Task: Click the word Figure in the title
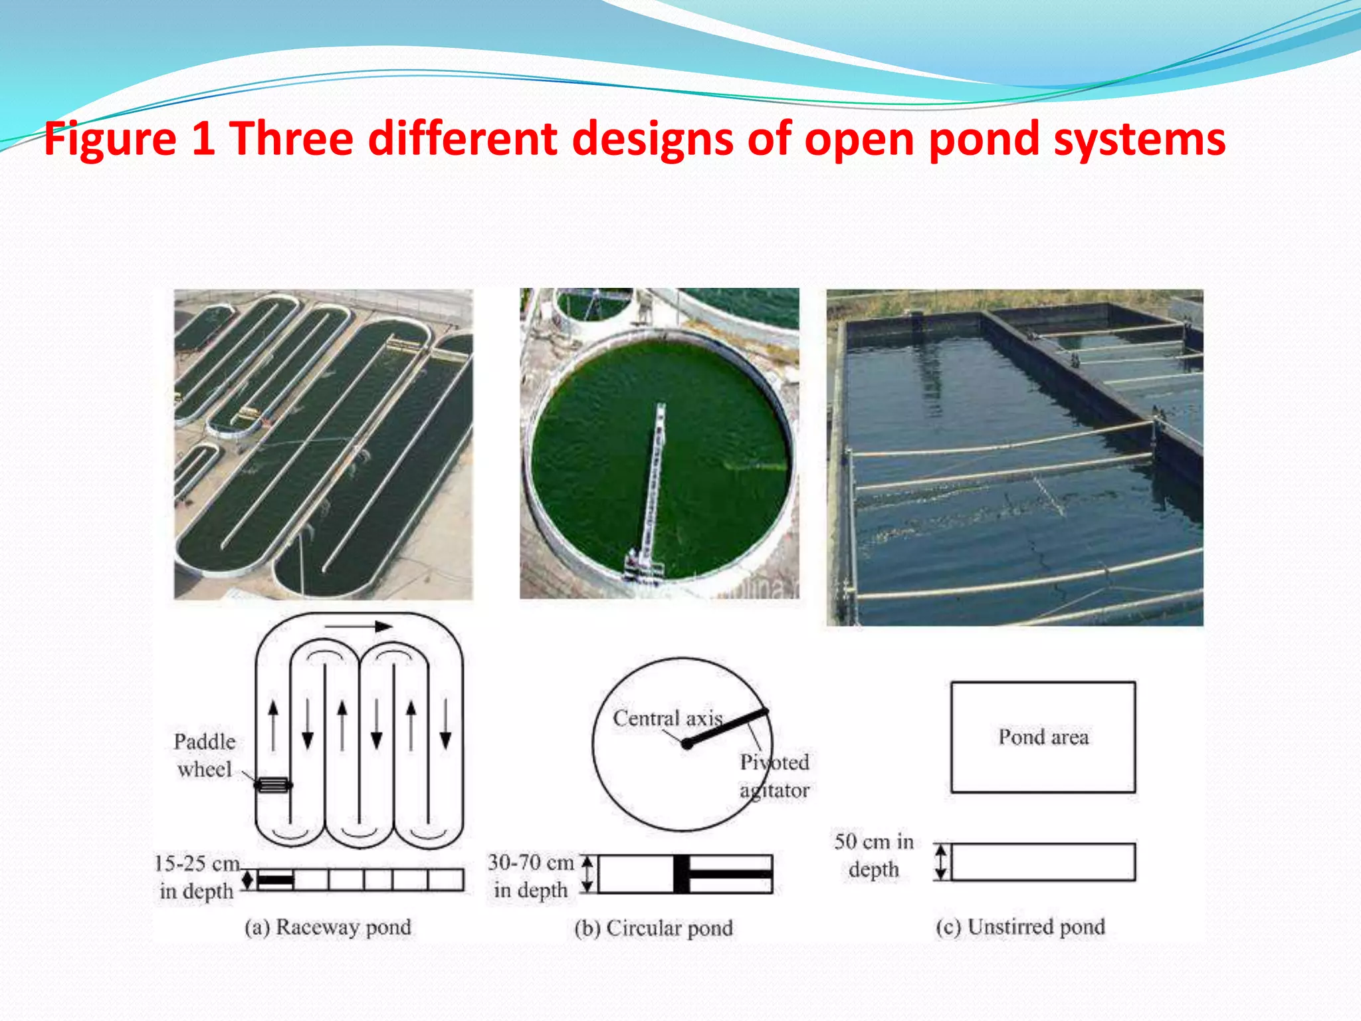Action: click(110, 140)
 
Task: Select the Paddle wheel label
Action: click(205, 755)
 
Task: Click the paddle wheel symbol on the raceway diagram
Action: click(273, 785)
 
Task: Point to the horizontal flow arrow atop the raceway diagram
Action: click(358, 626)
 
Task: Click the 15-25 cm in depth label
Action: click(197, 877)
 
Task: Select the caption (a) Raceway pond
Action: click(328, 927)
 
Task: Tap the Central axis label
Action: click(667, 718)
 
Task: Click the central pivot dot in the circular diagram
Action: click(687, 744)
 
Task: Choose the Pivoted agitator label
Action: click(774, 776)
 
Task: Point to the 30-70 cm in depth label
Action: click(531, 875)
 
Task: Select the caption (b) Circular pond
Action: click(654, 928)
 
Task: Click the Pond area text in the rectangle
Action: click(1043, 737)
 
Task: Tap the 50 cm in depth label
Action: click(874, 855)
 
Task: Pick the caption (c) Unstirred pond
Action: click(1020, 927)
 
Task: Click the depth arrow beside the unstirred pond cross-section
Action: click(940, 862)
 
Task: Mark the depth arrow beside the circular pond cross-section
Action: click(587, 873)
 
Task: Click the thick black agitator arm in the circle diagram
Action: click(728, 728)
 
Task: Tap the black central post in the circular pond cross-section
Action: click(681, 873)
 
